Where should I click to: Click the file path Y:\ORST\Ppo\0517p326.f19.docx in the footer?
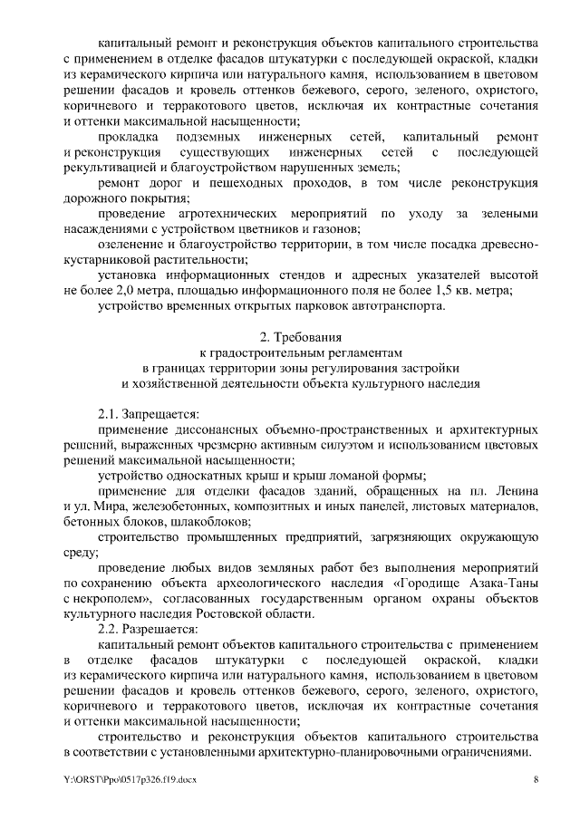click(130, 779)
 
